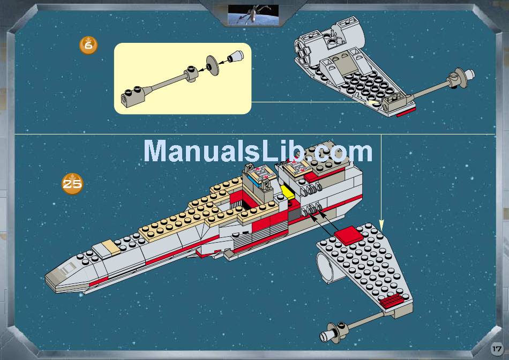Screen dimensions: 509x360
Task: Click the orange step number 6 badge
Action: pos(88,46)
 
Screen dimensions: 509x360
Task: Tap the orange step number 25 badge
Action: pos(72,184)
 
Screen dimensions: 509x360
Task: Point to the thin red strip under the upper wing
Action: pos(405,112)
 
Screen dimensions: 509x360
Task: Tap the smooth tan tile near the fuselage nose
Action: pos(104,247)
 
